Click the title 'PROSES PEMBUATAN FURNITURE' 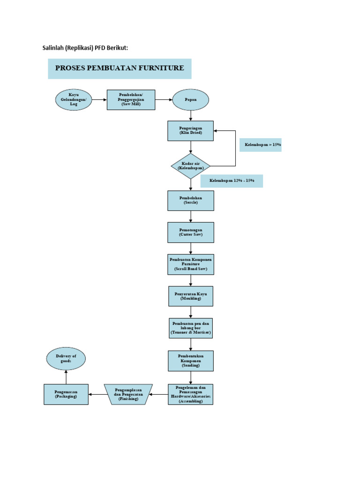(x=120, y=68)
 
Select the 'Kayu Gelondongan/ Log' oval (x=74, y=99)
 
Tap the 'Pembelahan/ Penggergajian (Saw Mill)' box (x=131, y=100)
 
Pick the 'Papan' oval (x=190, y=100)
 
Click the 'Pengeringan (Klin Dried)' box (x=190, y=131)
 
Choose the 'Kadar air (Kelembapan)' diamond (x=190, y=166)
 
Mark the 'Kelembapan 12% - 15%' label (x=232, y=181)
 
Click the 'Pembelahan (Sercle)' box (x=190, y=201)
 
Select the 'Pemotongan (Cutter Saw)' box (x=190, y=232)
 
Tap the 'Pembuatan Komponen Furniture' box (x=190, y=264)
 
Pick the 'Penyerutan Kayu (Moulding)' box (x=190, y=296)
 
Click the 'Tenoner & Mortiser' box (x=190, y=328)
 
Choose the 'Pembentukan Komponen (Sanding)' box (x=190, y=361)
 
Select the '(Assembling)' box (x=190, y=394)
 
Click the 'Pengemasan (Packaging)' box (x=66, y=394)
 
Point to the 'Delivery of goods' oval (x=66, y=359)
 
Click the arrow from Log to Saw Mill (x=99, y=100)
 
